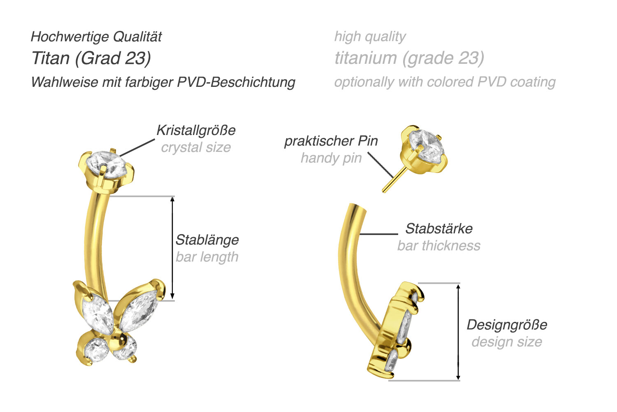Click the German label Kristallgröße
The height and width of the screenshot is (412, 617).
coord(196,130)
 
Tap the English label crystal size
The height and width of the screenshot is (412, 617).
coord(196,147)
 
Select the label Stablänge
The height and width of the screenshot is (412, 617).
coord(207,240)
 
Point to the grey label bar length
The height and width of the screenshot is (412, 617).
coord(207,257)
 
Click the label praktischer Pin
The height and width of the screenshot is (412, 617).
coord(331,141)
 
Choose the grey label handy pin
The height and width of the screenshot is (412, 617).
coord(331,158)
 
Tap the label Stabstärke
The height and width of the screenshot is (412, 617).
coord(439,228)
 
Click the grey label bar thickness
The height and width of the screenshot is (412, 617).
coord(438,246)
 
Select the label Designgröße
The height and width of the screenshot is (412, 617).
coord(507,325)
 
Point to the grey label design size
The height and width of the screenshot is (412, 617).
coord(507,342)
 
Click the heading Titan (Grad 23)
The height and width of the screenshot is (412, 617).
coord(91,58)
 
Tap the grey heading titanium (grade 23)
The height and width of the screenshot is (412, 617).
coord(409,58)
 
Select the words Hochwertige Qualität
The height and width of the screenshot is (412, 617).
coord(96,37)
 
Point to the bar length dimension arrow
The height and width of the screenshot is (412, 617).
coord(172,248)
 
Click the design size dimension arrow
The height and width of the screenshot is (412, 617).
coord(458,332)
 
